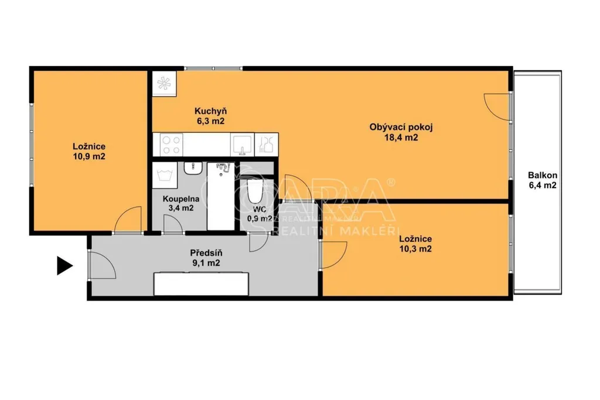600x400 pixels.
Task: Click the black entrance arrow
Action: pyautogui.click(x=64, y=265)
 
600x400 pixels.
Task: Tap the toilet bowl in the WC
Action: pyautogui.click(x=254, y=192)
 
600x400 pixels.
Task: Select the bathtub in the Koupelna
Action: pyautogui.click(x=221, y=196)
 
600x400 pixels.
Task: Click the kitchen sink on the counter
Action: pyautogui.click(x=242, y=145)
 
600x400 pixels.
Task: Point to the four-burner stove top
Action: pyautogui.click(x=171, y=145)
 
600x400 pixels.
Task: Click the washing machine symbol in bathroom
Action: pyautogui.click(x=165, y=175)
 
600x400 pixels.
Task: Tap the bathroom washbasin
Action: pyautogui.click(x=193, y=168)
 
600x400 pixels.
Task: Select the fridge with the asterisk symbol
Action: pyautogui.click(x=164, y=83)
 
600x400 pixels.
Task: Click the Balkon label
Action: pyautogui.click(x=542, y=176)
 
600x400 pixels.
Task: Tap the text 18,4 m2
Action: pyautogui.click(x=401, y=138)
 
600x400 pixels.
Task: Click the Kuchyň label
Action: pyautogui.click(x=210, y=111)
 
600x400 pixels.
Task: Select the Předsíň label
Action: pyautogui.click(x=206, y=253)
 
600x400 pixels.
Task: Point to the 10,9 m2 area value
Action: pyautogui.click(x=89, y=156)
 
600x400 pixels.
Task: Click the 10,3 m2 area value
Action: pyautogui.click(x=415, y=249)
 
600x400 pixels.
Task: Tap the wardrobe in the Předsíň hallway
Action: pyautogui.click(x=201, y=283)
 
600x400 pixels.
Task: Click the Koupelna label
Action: pyautogui.click(x=181, y=199)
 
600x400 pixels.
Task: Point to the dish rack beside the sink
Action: pyautogui.click(x=267, y=145)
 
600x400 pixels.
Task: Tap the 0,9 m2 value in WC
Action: pyautogui.click(x=260, y=218)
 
